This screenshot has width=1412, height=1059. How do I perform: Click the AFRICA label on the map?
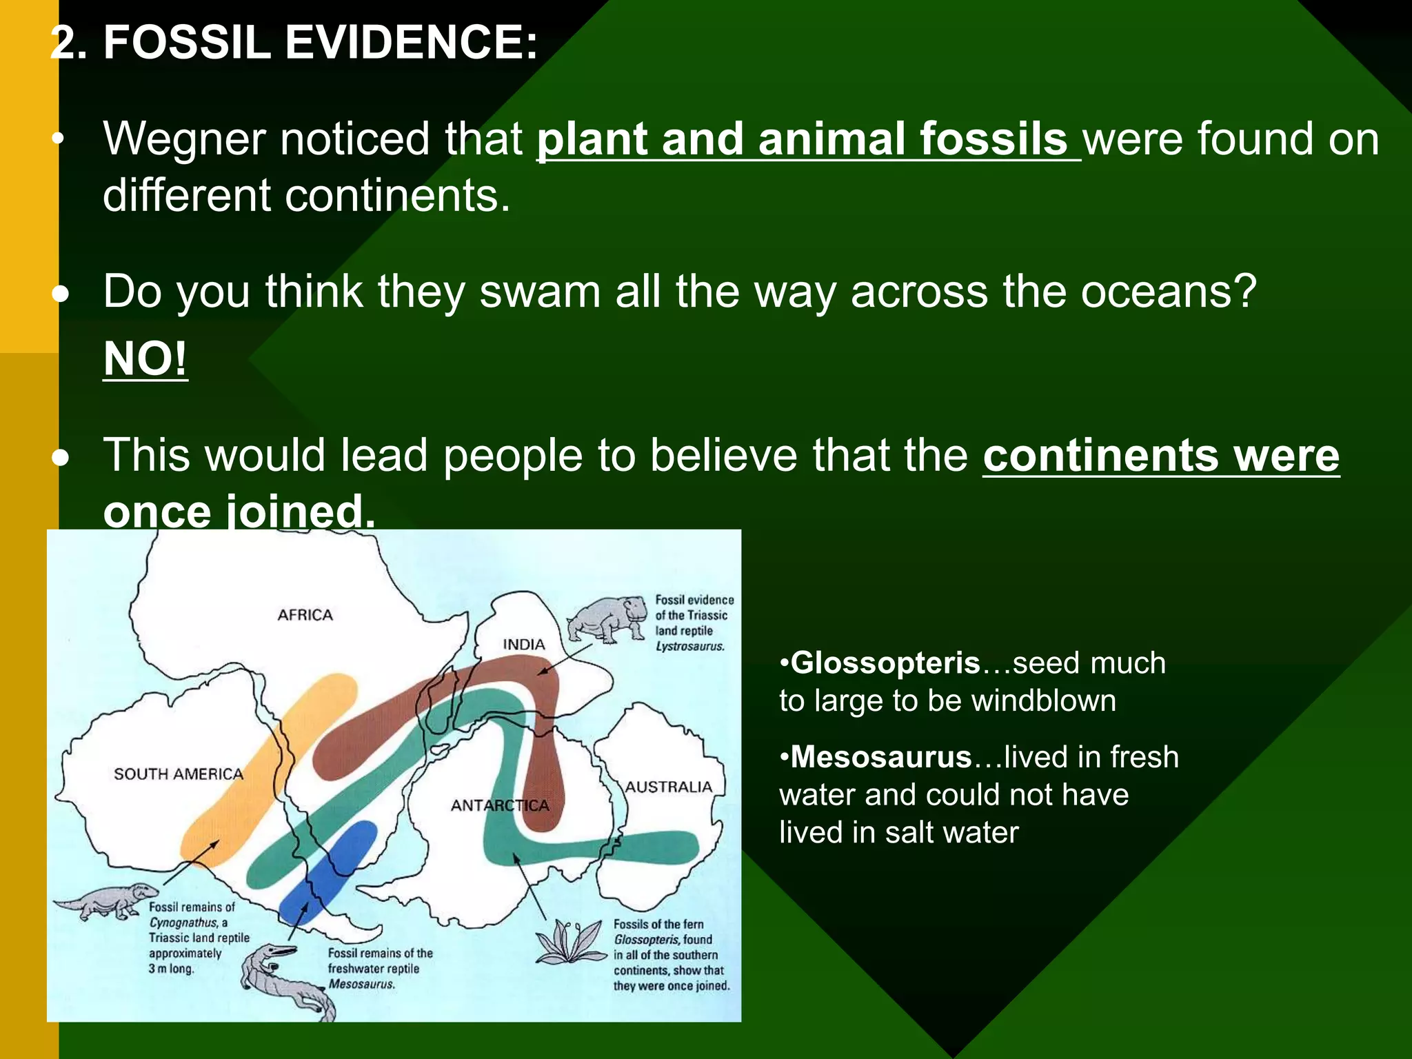tap(305, 614)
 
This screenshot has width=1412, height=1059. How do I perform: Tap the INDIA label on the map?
tap(523, 644)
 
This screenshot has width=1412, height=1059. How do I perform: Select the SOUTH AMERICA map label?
tap(179, 774)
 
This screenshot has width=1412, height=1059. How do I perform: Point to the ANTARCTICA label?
tap(500, 805)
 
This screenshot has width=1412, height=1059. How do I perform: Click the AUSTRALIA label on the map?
tap(668, 787)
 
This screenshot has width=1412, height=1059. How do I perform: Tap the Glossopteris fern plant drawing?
tap(569, 942)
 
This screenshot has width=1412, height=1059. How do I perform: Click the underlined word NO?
tap(145, 359)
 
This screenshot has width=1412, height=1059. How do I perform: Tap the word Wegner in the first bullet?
tap(184, 139)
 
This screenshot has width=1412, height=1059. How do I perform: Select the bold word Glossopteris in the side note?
tap(885, 663)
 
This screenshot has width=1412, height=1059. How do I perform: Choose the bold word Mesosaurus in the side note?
tap(880, 757)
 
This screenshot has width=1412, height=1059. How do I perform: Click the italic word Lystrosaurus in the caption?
tap(689, 647)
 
